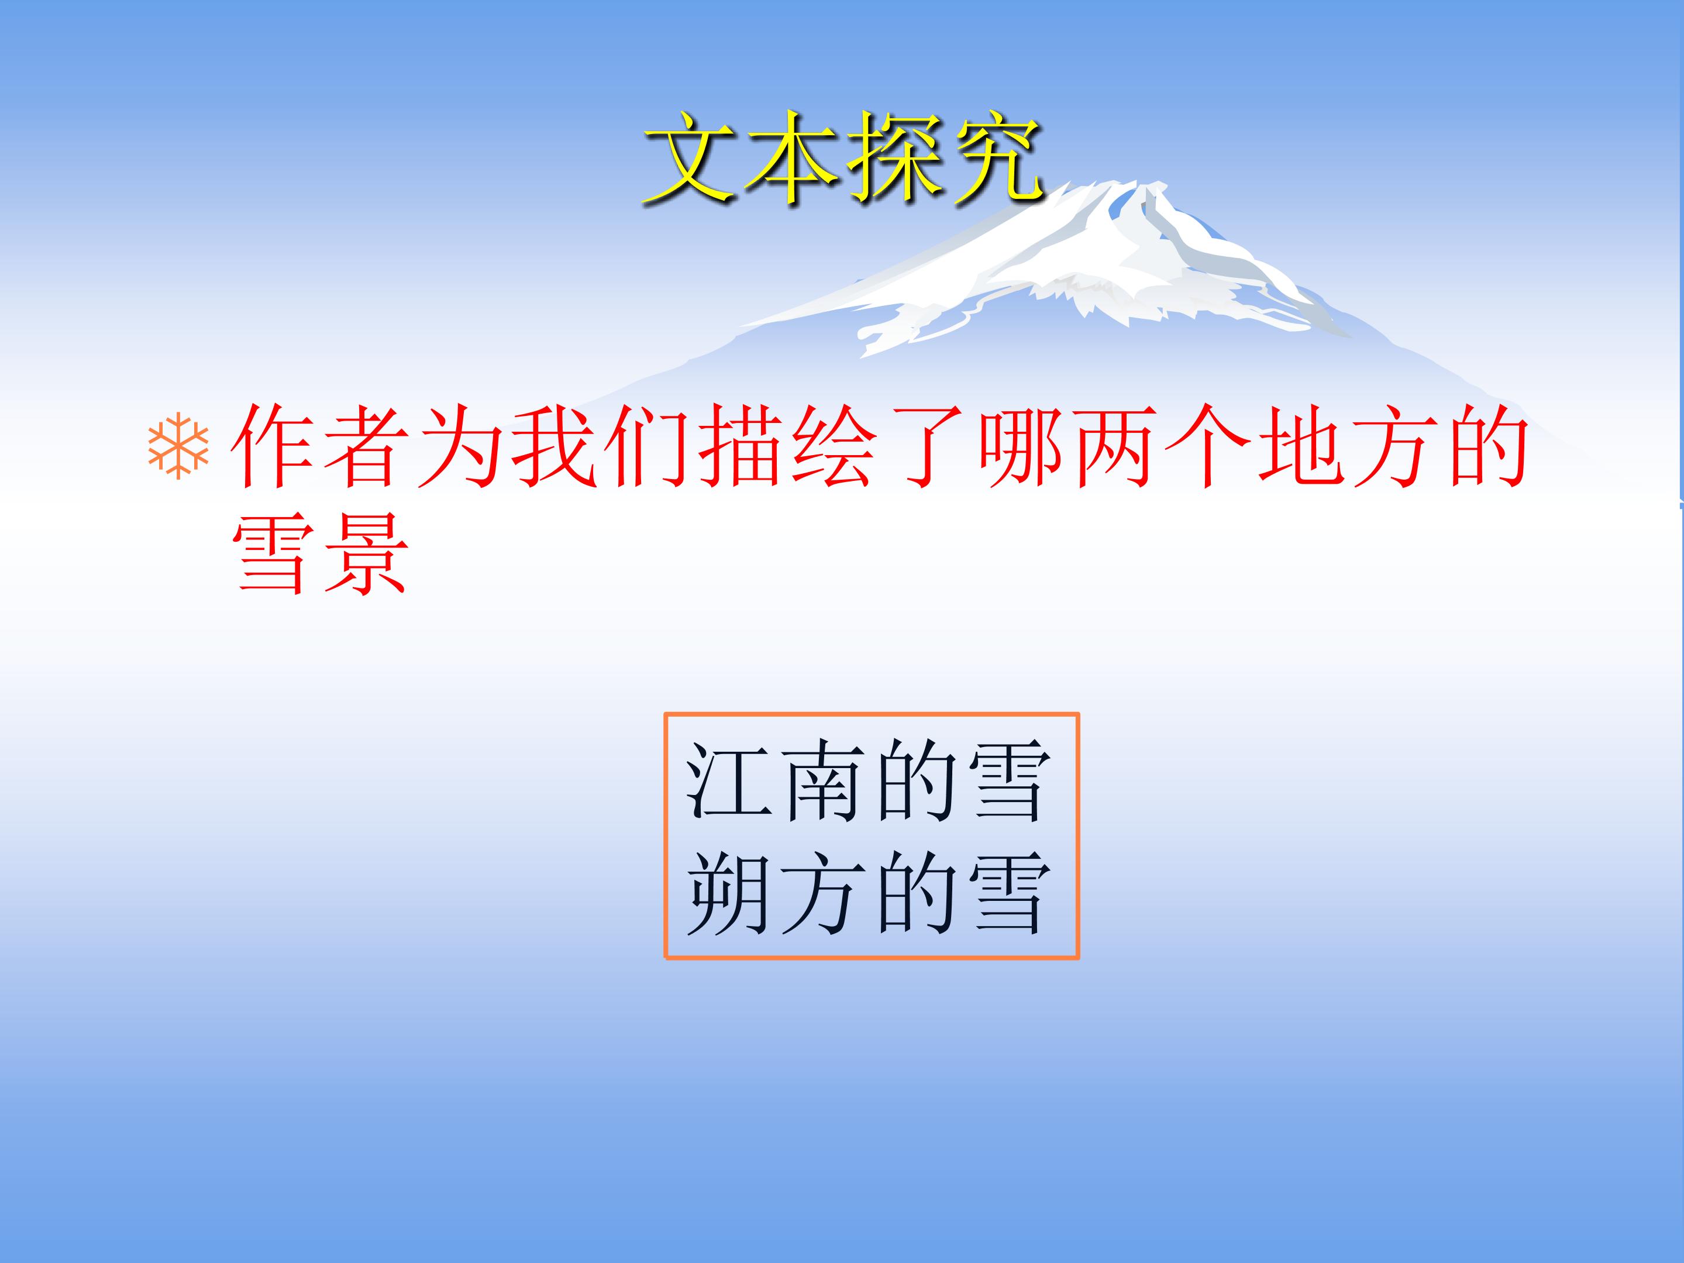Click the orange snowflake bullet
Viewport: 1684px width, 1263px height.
click(178, 446)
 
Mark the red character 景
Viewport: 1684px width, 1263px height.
click(366, 554)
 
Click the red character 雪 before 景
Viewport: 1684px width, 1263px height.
click(273, 554)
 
